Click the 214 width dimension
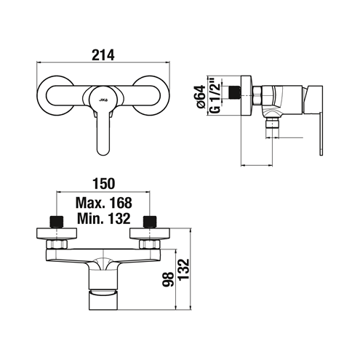pos(103,55)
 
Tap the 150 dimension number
pos(103,183)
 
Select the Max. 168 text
pos(104,203)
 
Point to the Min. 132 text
pos(104,218)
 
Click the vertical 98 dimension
pos(168,279)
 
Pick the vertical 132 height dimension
pos(183,269)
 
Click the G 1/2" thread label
pos(215,95)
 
